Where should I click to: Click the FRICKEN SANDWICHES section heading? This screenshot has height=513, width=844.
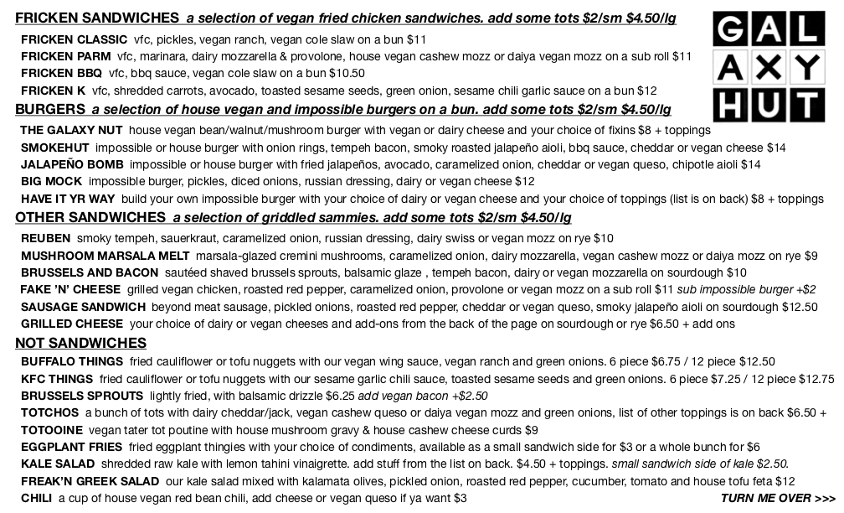(97, 18)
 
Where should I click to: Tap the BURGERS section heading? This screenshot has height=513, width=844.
(50, 109)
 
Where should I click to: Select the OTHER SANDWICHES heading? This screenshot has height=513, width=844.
(90, 217)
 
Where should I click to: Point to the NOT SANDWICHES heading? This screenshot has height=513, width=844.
(80, 343)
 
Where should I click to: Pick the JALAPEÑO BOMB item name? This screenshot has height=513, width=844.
(72, 164)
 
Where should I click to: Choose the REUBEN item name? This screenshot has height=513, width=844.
(45, 238)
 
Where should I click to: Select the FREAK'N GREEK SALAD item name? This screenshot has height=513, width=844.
(90, 481)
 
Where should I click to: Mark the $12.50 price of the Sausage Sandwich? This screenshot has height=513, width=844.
(799, 307)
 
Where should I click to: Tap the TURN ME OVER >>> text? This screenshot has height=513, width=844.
(777, 498)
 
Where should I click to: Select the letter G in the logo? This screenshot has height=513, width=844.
(731, 31)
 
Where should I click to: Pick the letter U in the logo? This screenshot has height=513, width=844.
(769, 106)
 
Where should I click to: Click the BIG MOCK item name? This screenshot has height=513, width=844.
(51, 181)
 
